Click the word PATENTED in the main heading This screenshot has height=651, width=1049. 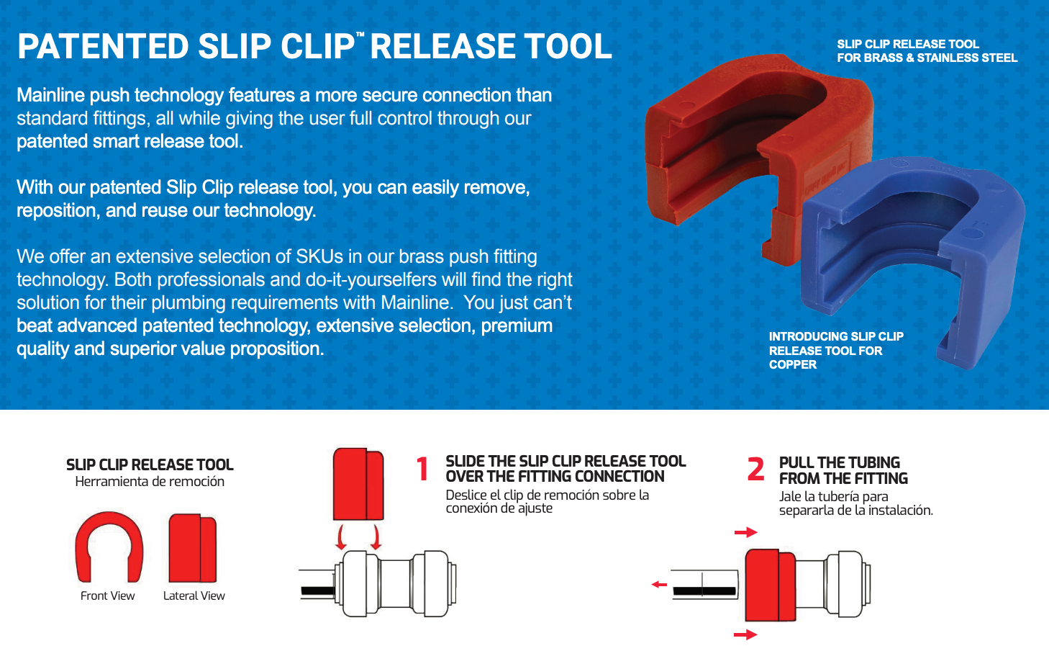click(103, 46)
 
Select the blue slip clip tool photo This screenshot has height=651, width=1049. click(913, 262)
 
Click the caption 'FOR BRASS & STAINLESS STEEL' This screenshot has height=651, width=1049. click(927, 58)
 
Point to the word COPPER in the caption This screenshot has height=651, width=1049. click(792, 364)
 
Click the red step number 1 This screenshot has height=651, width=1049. click(422, 469)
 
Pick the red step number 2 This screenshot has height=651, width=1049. click(756, 469)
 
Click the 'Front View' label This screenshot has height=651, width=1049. click(107, 596)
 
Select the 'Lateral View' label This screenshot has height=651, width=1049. click(194, 596)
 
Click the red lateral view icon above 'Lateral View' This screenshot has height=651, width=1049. click(193, 548)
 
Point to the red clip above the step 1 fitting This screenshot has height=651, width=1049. click(358, 484)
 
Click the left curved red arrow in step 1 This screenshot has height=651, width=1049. click(341, 537)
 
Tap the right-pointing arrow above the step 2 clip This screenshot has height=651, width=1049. click(745, 532)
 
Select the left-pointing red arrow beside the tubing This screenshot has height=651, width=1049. click(659, 585)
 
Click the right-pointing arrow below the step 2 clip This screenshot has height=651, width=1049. click(745, 634)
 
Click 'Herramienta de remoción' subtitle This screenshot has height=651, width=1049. click(150, 482)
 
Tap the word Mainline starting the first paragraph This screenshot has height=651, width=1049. click(50, 95)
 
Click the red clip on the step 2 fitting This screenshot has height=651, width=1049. click(771, 585)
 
